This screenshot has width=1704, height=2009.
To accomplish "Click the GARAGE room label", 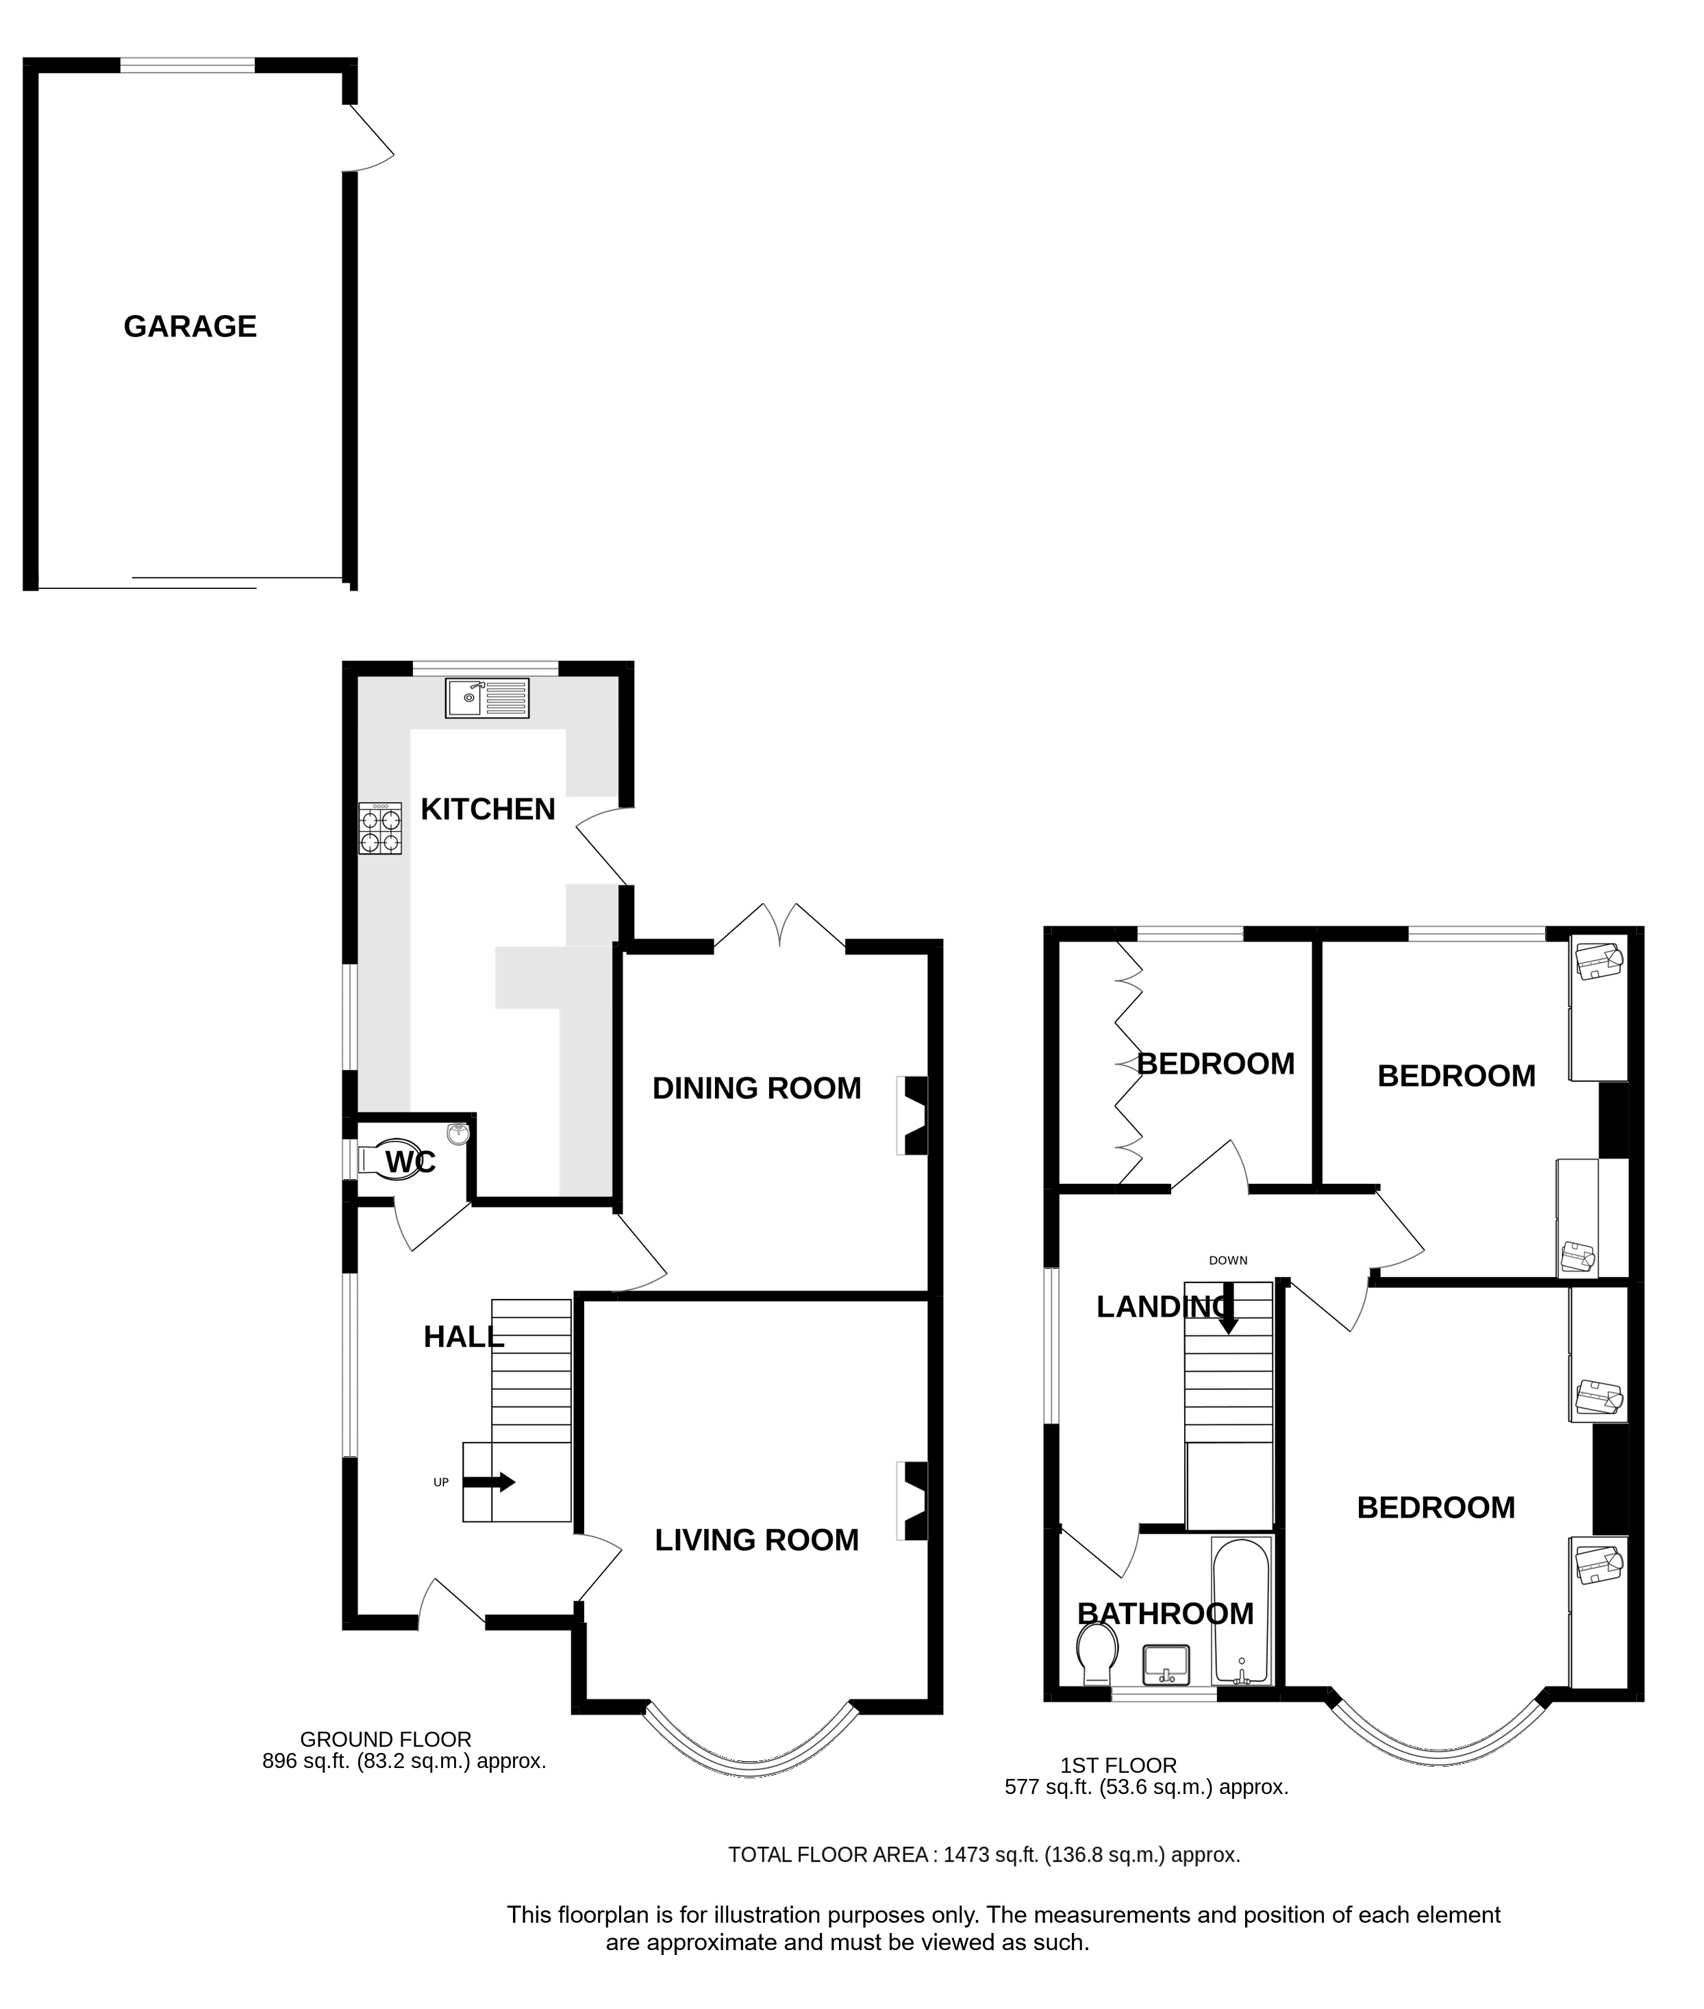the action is [190, 327].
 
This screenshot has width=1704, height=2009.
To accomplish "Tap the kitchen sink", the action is [487, 698].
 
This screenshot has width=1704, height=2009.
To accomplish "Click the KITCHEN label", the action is [488, 809].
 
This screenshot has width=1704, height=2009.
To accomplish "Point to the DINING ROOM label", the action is [756, 1089].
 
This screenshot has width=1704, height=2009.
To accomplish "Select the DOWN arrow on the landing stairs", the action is [1228, 1309].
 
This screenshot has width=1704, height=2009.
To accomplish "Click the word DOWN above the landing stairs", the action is [1228, 1261].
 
